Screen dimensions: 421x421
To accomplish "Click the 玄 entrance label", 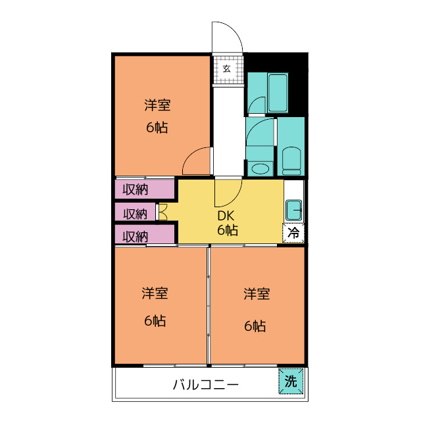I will click(226, 68).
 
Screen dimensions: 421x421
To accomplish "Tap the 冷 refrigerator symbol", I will click(294, 232).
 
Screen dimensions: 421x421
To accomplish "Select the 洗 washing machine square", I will click(291, 380).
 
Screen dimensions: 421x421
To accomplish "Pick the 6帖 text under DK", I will click(228, 230).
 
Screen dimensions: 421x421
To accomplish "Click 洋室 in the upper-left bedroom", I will click(158, 105).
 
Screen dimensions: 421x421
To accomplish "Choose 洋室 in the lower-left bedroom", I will click(155, 293).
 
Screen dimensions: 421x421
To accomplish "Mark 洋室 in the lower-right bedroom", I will click(256, 293).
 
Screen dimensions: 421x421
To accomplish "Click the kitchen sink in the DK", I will click(293, 210).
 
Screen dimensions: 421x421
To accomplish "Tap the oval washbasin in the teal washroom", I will click(260, 168).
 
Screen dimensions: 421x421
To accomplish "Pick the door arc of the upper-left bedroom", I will click(197, 161).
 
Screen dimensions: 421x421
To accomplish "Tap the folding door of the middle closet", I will click(162, 212).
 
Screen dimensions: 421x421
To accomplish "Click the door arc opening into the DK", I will click(228, 191).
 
